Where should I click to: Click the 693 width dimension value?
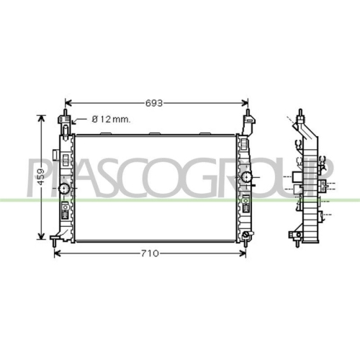pos(154,103)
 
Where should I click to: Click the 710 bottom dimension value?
pos(150,253)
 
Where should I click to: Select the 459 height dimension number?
pos(41,177)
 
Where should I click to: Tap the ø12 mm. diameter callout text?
pos(112,120)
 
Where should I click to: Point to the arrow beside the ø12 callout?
pos(79,121)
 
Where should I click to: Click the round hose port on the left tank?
pos(64,189)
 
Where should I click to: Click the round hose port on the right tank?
pos(246,177)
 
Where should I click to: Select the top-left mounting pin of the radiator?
pos(65,112)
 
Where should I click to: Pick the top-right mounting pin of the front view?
pos(248,112)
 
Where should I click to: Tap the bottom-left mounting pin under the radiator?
pos(55,243)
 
